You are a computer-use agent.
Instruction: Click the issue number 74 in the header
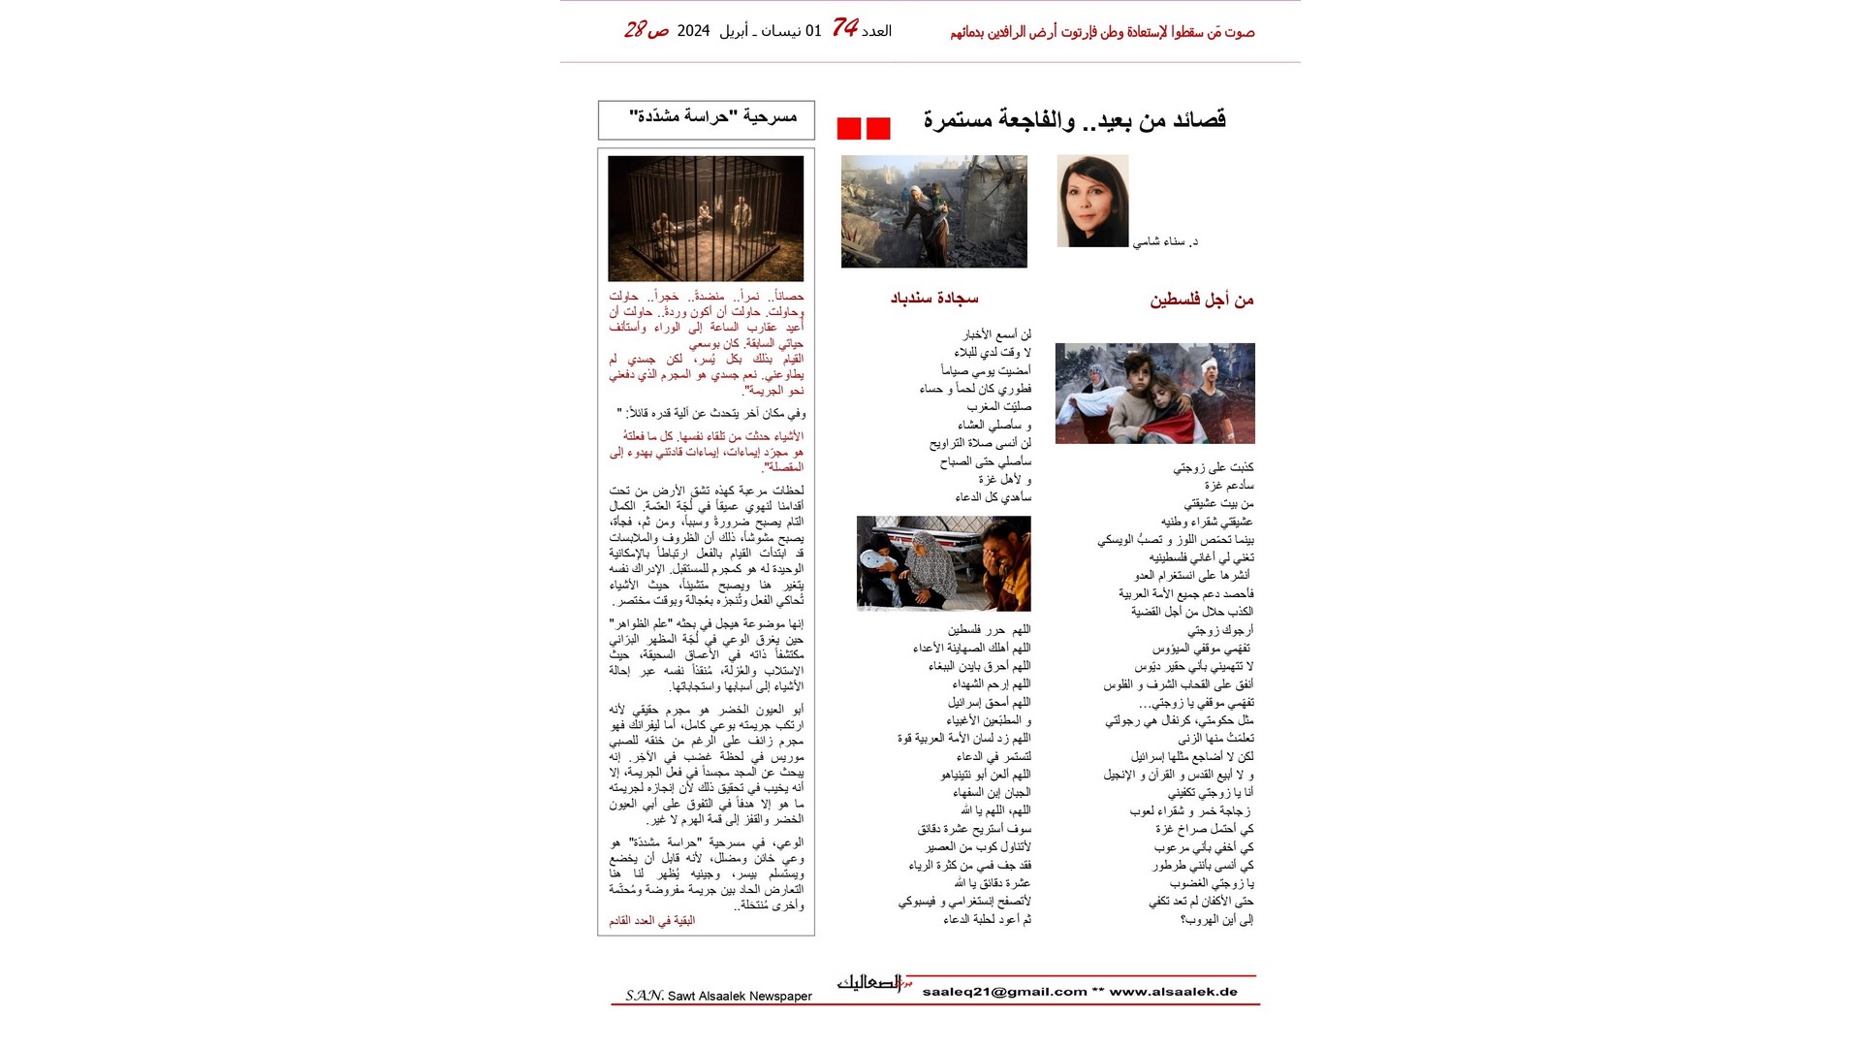point(845,28)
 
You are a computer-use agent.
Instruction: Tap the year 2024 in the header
point(693,31)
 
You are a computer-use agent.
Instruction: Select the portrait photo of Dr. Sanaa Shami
point(1092,201)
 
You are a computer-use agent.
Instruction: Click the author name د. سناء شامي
point(1165,241)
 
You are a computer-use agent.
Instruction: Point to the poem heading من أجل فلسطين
point(1202,301)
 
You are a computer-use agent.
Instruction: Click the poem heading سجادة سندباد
point(934,299)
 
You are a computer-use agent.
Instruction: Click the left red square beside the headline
point(849,129)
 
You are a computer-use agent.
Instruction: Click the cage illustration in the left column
point(706,218)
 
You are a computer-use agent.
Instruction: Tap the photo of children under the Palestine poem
point(1154,394)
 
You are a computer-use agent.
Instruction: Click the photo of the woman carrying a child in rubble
point(934,211)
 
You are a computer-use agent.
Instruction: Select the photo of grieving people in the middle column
point(943,563)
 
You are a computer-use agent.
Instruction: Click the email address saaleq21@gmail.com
point(1004,992)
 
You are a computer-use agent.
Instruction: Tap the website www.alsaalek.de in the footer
point(1174,992)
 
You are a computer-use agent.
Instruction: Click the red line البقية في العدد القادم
point(651,921)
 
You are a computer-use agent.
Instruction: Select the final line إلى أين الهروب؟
point(1216,920)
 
